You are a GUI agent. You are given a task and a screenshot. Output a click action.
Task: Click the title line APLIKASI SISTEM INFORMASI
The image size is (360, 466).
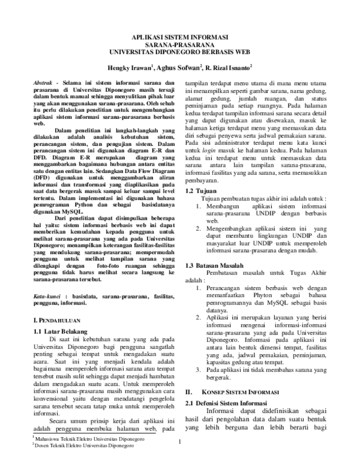click(x=180, y=36)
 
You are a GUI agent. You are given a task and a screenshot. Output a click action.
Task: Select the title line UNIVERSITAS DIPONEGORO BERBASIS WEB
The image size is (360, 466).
click(x=180, y=52)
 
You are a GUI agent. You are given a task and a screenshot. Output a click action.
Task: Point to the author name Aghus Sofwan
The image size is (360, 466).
click(x=179, y=68)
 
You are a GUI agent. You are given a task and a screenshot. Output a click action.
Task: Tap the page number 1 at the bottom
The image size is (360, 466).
click(x=180, y=443)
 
